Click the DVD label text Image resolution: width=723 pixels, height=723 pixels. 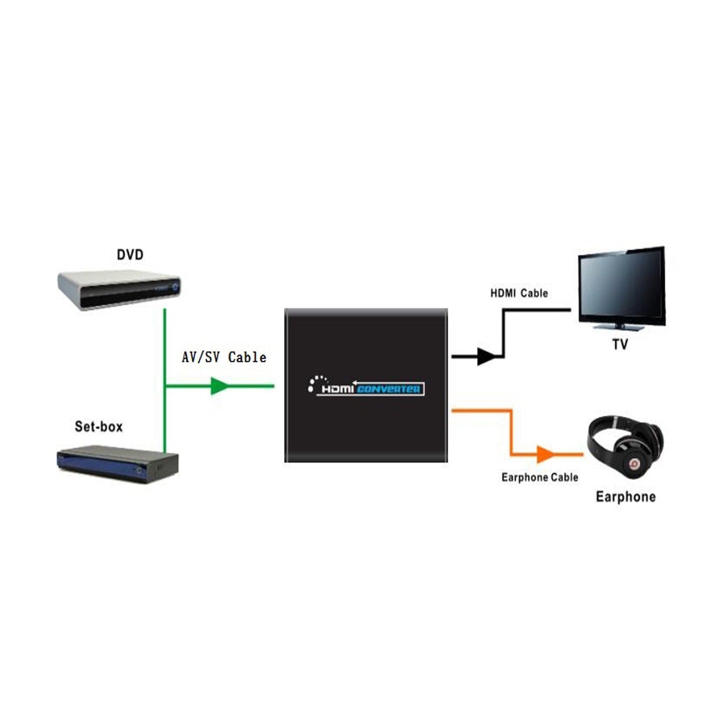pyautogui.click(x=130, y=255)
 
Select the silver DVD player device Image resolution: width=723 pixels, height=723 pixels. pyautogui.click(x=119, y=290)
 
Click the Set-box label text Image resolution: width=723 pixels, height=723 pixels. pyautogui.click(x=99, y=426)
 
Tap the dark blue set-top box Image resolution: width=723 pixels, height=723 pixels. pyautogui.click(x=118, y=464)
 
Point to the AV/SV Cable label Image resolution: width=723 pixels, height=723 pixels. pyautogui.click(x=224, y=357)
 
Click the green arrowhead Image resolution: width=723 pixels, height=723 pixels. pyautogui.click(x=219, y=386)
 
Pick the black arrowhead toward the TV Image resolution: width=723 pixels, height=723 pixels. pyautogui.click(x=485, y=356)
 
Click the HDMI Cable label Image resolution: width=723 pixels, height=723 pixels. pyautogui.click(x=519, y=293)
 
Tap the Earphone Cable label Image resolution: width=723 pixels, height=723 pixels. pyautogui.click(x=539, y=477)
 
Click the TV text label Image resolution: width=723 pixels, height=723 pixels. pyautogui.click(x=620, y=345)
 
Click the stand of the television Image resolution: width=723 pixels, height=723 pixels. pyautogui.click(x=619, y=327)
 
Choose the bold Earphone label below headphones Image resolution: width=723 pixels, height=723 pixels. pyautogui.click(x=625, y=497)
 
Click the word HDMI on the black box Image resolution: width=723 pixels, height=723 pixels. pyautogui.click(x=337, y=389)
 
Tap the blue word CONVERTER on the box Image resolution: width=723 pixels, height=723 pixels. pyautogui.click(x=389, y=389)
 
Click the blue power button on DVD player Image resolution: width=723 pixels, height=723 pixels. pyautogui.click(x=175, y=288)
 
